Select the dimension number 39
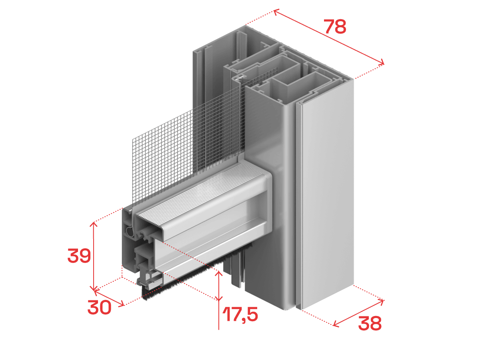click(x=79, y=256)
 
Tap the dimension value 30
click(x=99, y=307)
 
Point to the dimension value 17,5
click(x=240, y=314)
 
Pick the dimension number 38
click(x=370, y=323)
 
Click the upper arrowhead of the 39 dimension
click(x=94, y=224)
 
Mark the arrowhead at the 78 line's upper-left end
click(x=276, y=12)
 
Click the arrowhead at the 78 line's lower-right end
click(x=381, y=62)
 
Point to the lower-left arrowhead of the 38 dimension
click(x=335, y=324)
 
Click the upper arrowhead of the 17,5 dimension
click(x=219, y=273)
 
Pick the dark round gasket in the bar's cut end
click(x=129, y=232)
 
